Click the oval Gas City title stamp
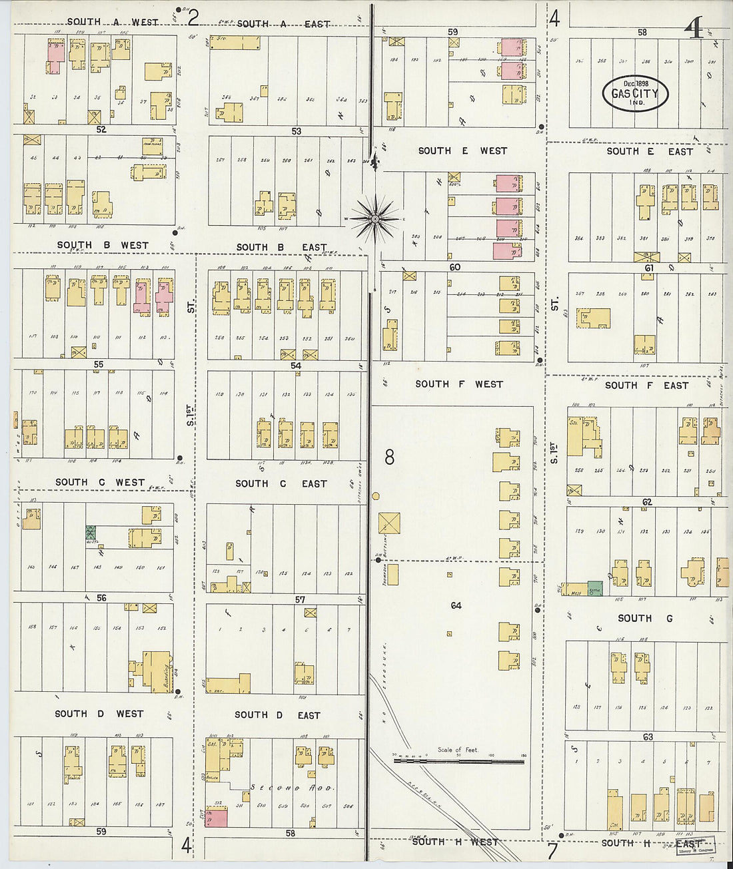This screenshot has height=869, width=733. coord(635,93)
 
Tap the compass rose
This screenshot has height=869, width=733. coord(375,218)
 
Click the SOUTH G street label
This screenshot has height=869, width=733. coord(644,618)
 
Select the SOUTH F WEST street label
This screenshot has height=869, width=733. coord(458,384)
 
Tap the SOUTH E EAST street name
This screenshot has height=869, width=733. coord(649,152)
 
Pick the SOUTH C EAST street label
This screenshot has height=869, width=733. coord(281,483)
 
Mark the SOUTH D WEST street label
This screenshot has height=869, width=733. coord(99,714)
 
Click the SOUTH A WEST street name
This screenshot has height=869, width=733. coord(112,22)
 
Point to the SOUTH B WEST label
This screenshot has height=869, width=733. coord(103,246)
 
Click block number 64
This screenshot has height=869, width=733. coord(456,605)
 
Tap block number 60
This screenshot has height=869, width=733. coord(454,267)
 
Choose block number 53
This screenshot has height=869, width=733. coord(296,131)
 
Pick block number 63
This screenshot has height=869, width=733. coord(648,737)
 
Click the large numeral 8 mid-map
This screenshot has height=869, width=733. coord(389,457)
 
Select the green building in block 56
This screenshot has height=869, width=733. coord(91,533)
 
